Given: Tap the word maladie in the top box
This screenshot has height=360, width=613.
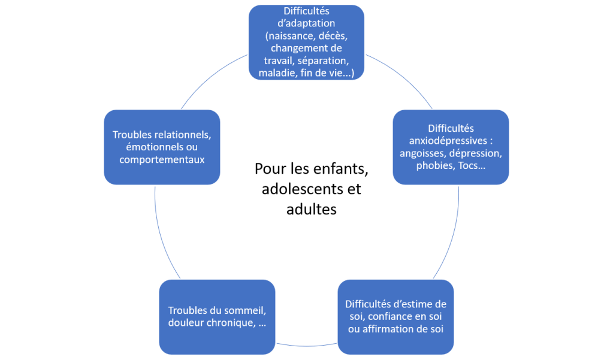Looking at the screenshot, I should click(x=276, y=74).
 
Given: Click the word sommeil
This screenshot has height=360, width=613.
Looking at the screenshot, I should click(x=245, y=310).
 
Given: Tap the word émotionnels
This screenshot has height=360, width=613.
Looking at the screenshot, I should click(x=147, y=147).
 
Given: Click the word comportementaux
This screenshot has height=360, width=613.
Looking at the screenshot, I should click(x=162, y=159).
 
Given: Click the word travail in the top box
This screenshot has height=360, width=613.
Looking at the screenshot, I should click(x=280, y=61).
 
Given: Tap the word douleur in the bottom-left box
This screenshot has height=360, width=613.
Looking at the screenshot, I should click(x=190, y=323).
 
